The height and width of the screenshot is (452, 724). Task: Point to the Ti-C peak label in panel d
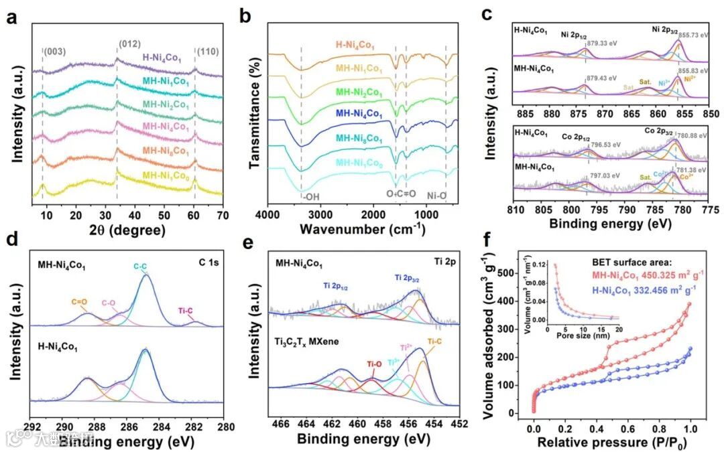point(194,309)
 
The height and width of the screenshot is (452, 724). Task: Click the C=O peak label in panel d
point(80,300)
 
